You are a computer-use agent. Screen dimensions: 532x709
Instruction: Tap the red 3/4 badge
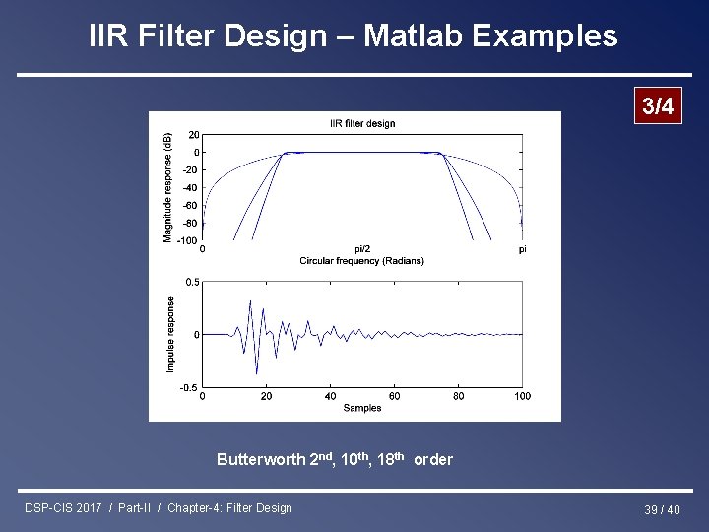coord(657,107)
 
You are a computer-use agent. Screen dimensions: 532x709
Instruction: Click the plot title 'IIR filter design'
coord(362,123)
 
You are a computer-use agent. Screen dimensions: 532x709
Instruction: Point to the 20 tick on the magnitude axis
coord(194,135)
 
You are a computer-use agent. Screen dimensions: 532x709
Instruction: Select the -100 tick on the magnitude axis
coord(189,241)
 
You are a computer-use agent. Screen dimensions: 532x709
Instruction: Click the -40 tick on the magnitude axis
coord(191,188)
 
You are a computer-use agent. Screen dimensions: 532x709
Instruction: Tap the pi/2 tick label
coord(362,249)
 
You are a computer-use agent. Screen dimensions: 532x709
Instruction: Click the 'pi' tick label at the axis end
coord(522,249)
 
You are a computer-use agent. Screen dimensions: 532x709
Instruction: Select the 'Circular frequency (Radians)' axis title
coord(362,261)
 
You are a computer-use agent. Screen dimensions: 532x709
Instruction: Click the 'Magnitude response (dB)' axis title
coord(168,187)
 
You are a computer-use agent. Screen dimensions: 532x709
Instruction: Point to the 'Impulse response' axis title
coord(170,335)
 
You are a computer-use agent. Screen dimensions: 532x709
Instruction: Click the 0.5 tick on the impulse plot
coord(193,283)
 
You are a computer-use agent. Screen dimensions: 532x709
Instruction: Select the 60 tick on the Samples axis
coord(394,396)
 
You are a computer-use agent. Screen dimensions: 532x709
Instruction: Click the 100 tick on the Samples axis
coord(522,396)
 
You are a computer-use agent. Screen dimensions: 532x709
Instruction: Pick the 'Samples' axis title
coord(362,408)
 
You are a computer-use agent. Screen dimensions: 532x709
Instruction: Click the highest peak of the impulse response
coord(250,301)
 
